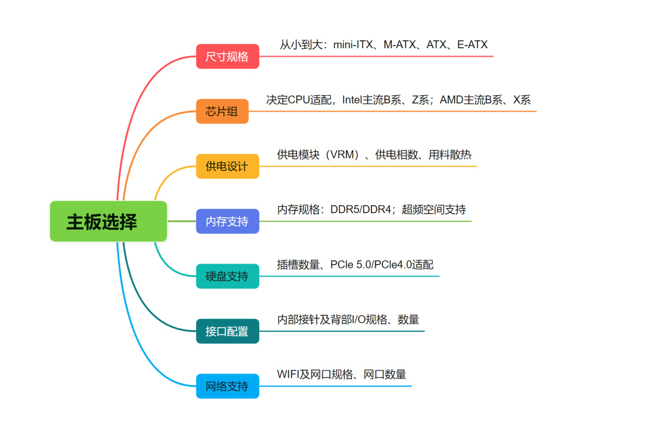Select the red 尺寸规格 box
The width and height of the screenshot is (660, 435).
pos(227,57)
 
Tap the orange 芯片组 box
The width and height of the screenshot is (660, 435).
pos(222,111)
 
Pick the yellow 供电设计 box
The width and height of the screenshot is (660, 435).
pos(227,167)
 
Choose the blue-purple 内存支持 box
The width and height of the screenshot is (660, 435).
pos(227,221)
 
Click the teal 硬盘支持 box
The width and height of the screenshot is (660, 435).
pos(227,276)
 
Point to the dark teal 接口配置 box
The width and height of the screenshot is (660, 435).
pos(227,331)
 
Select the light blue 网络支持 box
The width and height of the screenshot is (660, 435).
pos(227,386)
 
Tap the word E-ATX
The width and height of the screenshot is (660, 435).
pos(472,45)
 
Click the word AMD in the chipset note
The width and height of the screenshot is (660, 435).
pos(452,99)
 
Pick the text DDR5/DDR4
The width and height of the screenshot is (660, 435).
pos(360,210)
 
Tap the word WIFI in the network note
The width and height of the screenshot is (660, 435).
pos(288,375)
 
